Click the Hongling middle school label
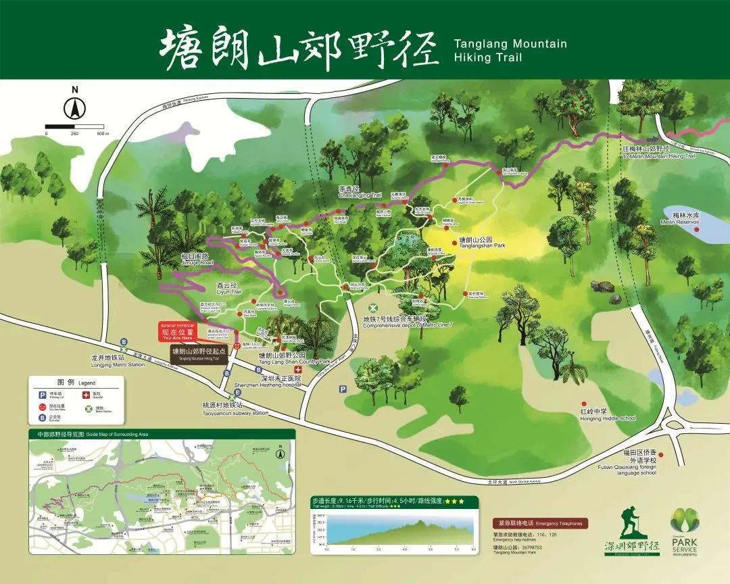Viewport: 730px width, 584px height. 608,414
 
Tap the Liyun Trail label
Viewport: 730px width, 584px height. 228,289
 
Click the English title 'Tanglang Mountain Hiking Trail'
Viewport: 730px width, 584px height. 510,51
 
